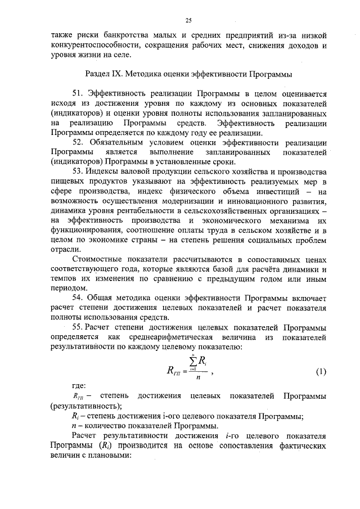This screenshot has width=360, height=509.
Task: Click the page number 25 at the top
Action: (x=188, y=21)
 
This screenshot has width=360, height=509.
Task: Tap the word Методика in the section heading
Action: (x=147, y=74)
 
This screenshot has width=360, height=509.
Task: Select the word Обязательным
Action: (x=116, y=143)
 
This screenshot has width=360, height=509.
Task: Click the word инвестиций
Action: (x=282, y=192)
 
